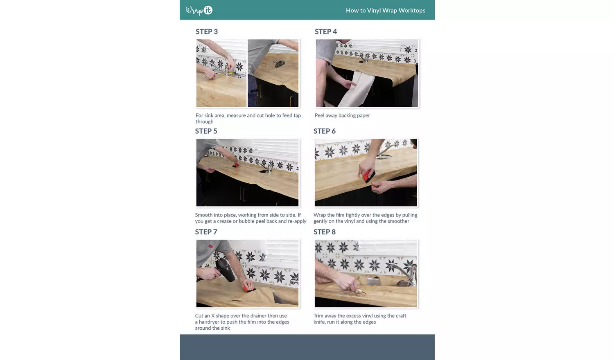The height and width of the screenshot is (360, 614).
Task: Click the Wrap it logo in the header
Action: tap(199, 10)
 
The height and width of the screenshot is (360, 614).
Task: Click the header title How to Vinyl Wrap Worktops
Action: tap(386, 10)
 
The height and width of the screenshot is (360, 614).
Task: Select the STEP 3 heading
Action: tap(207, 32)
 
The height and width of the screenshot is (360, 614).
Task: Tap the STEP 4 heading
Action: tap(326, 32)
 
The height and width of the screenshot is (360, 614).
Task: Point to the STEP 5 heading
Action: tap(206, 131)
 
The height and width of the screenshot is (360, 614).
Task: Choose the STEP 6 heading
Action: tap(325, 131)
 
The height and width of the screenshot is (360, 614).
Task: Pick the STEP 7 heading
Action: tap(206, 232)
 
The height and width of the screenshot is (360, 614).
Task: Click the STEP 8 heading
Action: tap(325, 232)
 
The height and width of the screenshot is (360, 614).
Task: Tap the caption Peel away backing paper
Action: tap(342, 115)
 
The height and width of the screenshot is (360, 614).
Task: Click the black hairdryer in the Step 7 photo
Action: tap(225, 270)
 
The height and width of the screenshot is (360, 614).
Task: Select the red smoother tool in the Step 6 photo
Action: tap(369, 175)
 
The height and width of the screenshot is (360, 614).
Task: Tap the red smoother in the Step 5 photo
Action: tap(235, 165)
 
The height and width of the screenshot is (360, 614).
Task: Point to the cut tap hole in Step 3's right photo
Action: tap(279, 64)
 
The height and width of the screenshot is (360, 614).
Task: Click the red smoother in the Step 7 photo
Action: tap(248, 288)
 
